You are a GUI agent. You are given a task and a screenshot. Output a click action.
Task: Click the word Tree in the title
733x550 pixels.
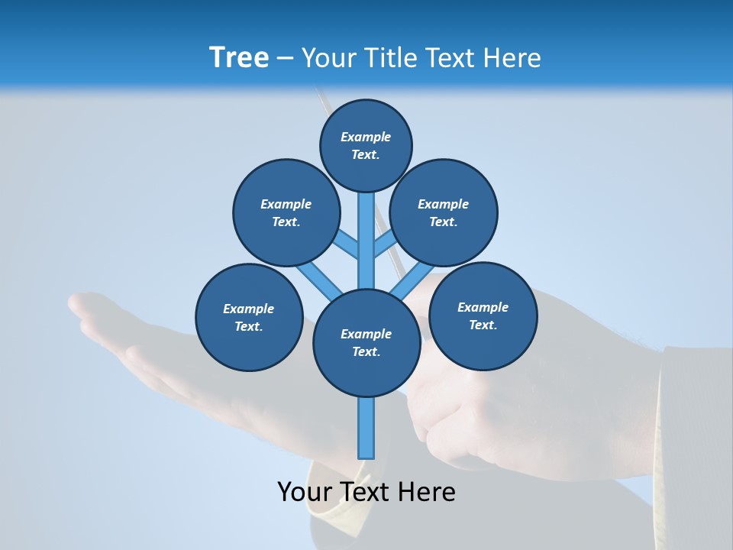click(x=238, y=58)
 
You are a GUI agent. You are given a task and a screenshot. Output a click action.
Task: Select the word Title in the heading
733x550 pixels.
click(x=389, y=58)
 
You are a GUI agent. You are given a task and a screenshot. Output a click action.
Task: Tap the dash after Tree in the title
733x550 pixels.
click(x=285, y=59)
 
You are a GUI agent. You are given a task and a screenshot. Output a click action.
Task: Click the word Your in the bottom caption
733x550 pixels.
click(x=303, y=492)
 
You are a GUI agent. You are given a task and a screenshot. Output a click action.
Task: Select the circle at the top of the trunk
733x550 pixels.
click(x=366, y=145)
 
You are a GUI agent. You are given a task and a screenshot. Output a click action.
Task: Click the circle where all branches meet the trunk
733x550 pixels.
click(x=366, y=343)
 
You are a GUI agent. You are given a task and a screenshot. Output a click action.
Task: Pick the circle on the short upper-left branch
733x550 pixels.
click(x=286, y=212)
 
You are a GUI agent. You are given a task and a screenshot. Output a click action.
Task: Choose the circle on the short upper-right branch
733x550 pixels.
click(x=444, y=212)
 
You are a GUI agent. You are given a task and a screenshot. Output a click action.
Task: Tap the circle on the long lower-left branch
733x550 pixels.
click(x=249, y=317)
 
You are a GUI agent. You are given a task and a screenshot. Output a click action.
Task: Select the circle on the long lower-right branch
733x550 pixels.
click(x=483, y=315)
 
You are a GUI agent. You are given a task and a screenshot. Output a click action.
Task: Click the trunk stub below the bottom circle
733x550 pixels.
click(x=366, y=428)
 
